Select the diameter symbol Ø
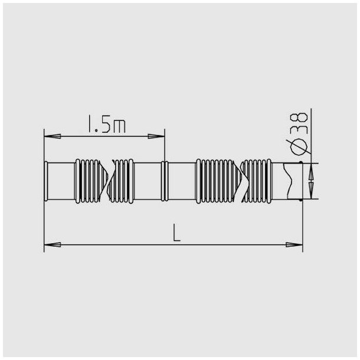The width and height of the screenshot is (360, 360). [x=298, y=143]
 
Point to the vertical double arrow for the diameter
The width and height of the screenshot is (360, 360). [x=310, y=181]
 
